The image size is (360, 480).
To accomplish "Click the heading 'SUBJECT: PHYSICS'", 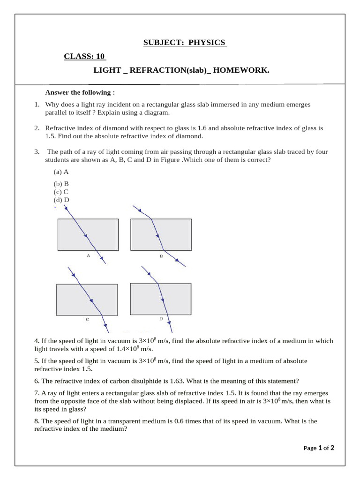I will pyautogui.click(x=185, y=43).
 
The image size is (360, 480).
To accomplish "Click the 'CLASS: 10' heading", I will pyautogui.click(x=85, y=57).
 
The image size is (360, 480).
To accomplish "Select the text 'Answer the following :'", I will pyautogui.click(x=80, y=92).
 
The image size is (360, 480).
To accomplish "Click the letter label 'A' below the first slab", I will pyautogui.click(x=88, y=256).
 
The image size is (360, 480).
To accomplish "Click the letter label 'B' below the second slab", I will pyautogui.click(x=161, y=256).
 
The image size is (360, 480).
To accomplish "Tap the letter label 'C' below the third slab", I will pyautogui.click(x=87, y=320).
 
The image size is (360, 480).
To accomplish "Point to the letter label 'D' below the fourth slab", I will pyautogui.click(x=161, y=319).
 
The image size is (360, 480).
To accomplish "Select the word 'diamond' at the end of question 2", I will pyautogui.click(x=190, y=136).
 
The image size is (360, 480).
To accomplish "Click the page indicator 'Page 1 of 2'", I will pyautogui.click(x=319, y=448).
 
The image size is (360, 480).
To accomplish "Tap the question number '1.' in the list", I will pyautogui.click(x=37, y=105).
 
